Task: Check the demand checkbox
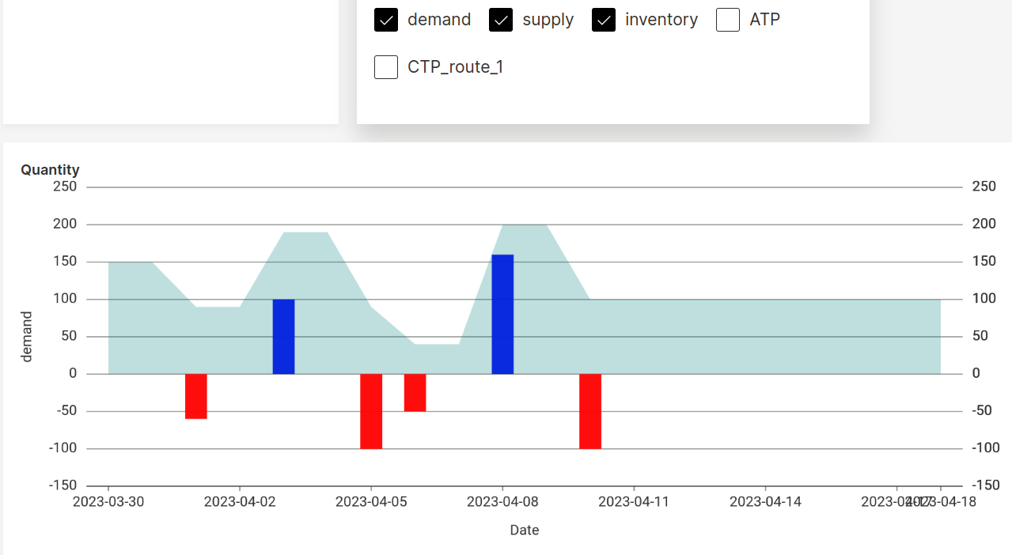[x=386, y=20]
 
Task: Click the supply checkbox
[x=501, y=20]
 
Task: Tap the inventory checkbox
[x=604, y=20]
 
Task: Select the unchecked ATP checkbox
[x=728, y=20]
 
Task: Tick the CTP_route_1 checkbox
[x=386, y=67]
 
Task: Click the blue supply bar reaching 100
[x=283, y=337]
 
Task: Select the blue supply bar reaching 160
[x=502, y=314]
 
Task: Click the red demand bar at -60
[x=196, y=396]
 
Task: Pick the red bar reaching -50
[x=415, y=393]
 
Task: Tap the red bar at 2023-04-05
[x=371, y=411]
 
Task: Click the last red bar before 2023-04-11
[x=590, y=411]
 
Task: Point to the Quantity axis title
[x=50, y=170]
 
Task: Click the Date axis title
[x=525, y=530]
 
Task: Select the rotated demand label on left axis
[x=27, y=337]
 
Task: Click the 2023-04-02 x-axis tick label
[x=240, y=502]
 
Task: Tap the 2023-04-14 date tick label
[x=765, y=502]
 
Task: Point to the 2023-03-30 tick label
[x=108, y=502]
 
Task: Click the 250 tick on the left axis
[x=64, y=187]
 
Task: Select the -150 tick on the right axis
[x=984, y=485]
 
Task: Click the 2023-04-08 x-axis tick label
[x=502, y=502]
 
